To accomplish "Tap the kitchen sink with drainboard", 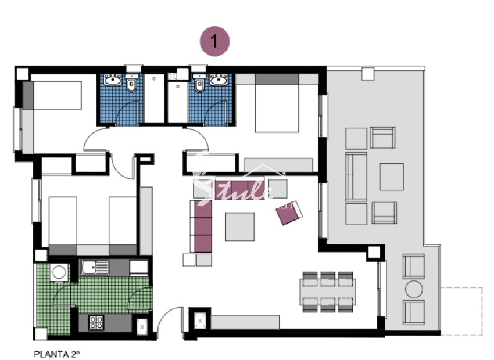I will coord(95,268).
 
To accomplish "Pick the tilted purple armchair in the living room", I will coord(289,213).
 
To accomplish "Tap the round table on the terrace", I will coord(414,289).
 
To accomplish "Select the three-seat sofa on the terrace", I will coord(356,177).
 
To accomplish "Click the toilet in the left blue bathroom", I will coord(131,86).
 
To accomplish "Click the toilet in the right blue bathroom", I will coord(200,86).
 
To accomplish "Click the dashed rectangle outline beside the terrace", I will coord(461,311).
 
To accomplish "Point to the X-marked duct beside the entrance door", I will coord(200,321).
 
